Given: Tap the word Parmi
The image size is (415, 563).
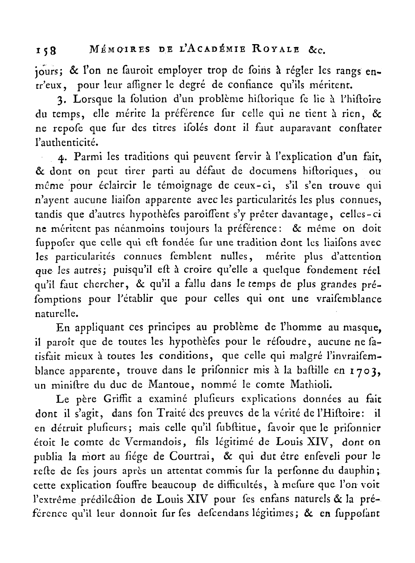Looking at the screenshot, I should [88, 156].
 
